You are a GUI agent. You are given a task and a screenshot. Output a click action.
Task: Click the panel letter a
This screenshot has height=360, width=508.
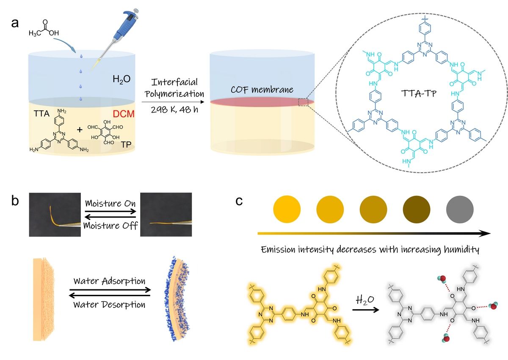point(15,23)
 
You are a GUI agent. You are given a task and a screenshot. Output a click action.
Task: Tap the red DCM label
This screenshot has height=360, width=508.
point(124,114)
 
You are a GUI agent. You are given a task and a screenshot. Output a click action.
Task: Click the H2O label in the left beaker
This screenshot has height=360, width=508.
point(121,79)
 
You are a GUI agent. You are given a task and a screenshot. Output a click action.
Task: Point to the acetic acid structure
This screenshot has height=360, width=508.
point(44,28)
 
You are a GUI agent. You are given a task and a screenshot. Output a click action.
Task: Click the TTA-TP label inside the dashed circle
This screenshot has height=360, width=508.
point(419,93)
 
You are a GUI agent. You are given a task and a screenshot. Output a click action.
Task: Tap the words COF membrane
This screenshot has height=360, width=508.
point(262,90)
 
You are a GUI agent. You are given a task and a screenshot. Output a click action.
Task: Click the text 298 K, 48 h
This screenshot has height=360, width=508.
point(174,110)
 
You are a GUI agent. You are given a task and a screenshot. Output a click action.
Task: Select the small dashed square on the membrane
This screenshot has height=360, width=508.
point(303,102)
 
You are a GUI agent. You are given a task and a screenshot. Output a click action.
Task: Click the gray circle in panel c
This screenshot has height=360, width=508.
point(460,209)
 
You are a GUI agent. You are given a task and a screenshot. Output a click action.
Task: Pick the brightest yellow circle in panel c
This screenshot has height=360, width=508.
point(287,209)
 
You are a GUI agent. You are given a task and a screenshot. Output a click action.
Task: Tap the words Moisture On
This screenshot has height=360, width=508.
point(110,203)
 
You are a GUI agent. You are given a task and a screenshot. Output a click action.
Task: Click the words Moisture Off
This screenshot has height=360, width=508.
point(110,225)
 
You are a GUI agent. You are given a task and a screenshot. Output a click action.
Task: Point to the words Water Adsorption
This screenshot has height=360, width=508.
point(109,281)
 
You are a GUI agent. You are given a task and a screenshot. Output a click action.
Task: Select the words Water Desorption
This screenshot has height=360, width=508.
point(109,305)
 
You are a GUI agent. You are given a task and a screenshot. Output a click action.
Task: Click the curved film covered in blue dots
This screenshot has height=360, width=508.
point(178,299)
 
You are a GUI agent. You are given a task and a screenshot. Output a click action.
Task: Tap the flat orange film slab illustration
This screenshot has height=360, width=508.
point(44,299)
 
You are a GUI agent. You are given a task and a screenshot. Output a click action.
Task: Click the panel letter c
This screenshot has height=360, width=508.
point(239,201)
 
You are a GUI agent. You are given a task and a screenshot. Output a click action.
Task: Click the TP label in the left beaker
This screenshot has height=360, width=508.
point(126,145)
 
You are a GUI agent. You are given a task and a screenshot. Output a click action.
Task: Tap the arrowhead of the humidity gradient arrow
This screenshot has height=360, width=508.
point(485,234)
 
